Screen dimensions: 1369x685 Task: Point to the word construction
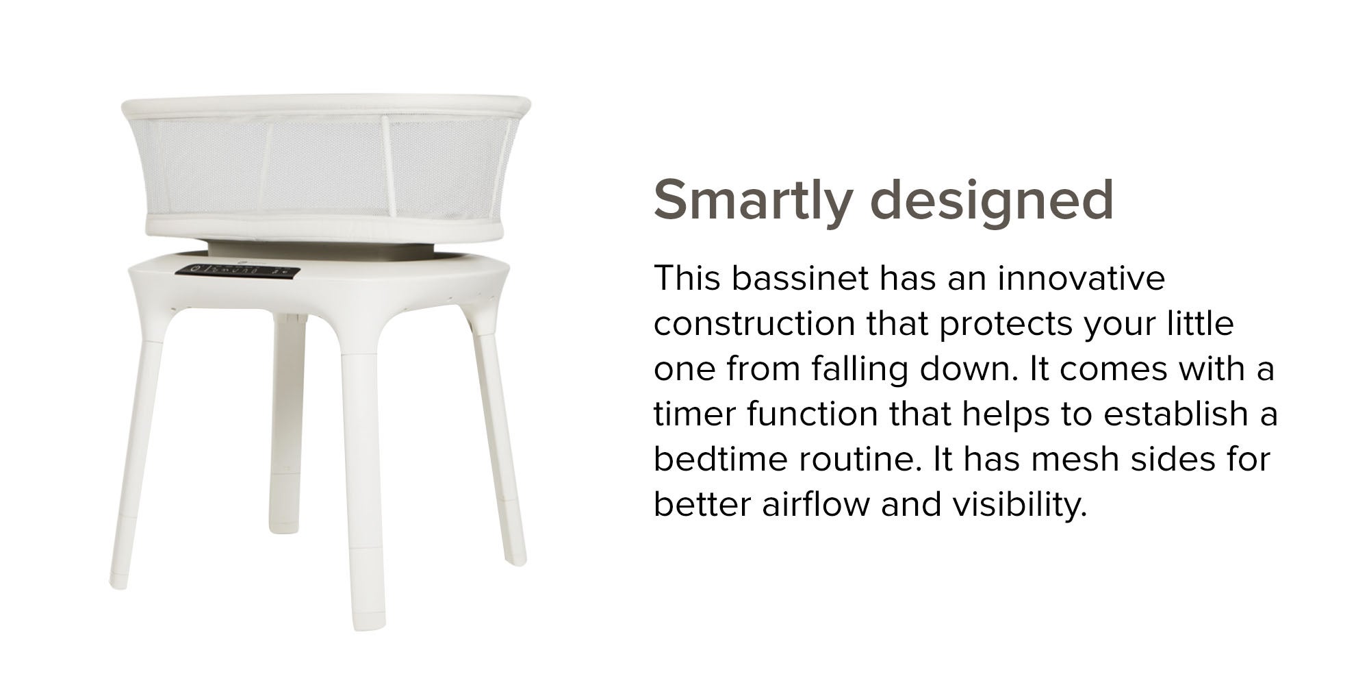point(754,324)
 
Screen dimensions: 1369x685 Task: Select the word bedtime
point(720,460)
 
